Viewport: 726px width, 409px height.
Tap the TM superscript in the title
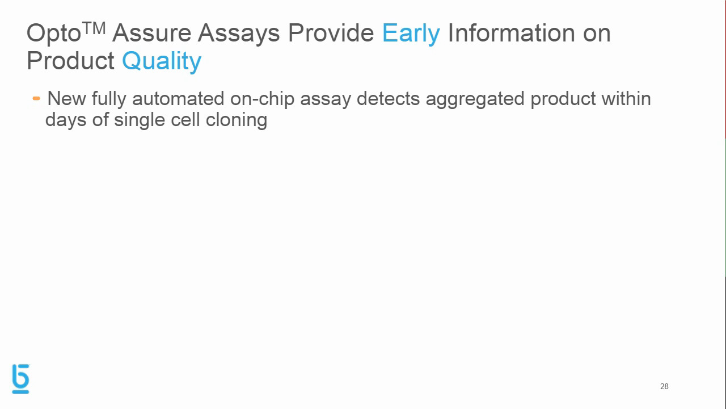(x=94, y=28)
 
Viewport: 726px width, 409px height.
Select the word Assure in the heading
(x=151, y=33)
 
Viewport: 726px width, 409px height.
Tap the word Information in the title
(x=512, y=33)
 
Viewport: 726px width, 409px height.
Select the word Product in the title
(x=70, y=61)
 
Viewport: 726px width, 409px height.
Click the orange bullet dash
(x=36, y=99)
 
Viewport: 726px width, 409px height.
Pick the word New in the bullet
(x=66, y=99)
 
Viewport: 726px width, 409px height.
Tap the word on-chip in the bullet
(x=262, y=99)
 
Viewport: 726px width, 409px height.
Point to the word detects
(x=388, y=99)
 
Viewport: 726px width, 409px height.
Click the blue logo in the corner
(x=20, y=379)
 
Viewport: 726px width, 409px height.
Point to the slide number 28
(x=664, y=386)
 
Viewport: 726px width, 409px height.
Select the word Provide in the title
(x=330, y=33)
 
